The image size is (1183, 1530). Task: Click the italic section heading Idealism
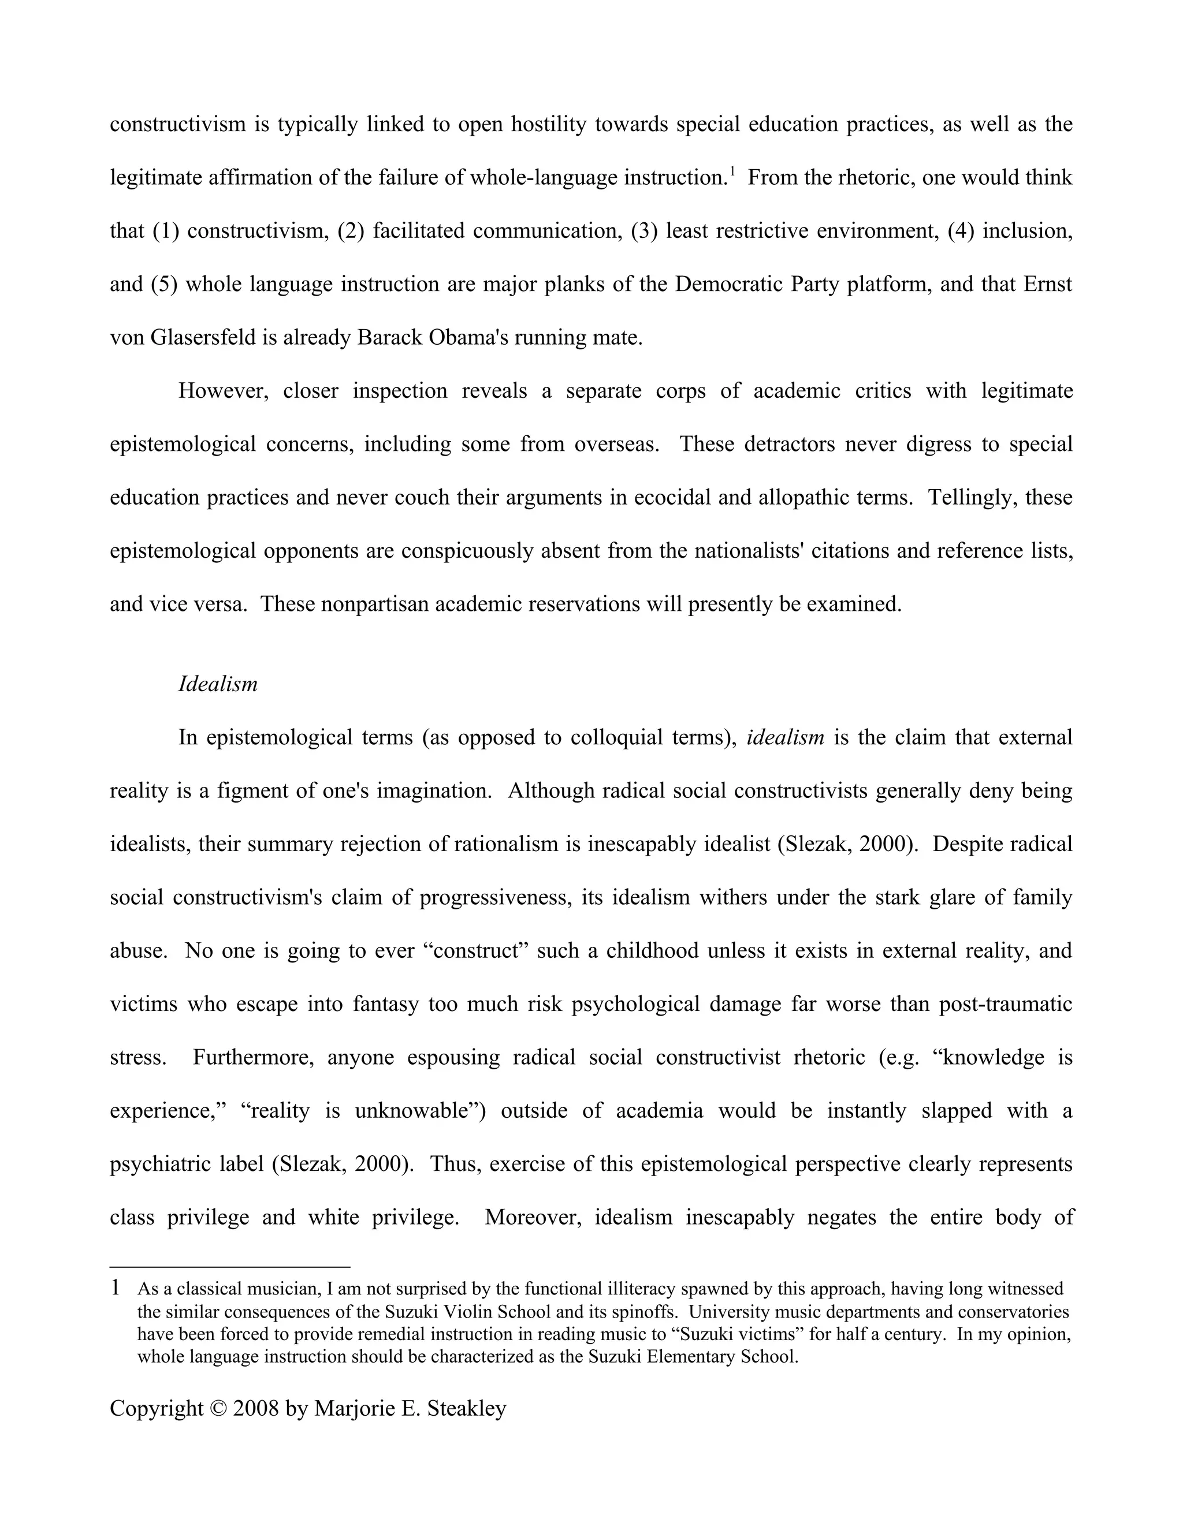pos(217,684)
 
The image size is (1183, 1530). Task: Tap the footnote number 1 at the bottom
pos(116,1288)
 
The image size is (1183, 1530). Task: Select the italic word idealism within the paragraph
pos(785,738)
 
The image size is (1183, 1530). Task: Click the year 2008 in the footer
pos(256,1409)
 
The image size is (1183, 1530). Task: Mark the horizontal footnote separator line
pos(229,1267)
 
